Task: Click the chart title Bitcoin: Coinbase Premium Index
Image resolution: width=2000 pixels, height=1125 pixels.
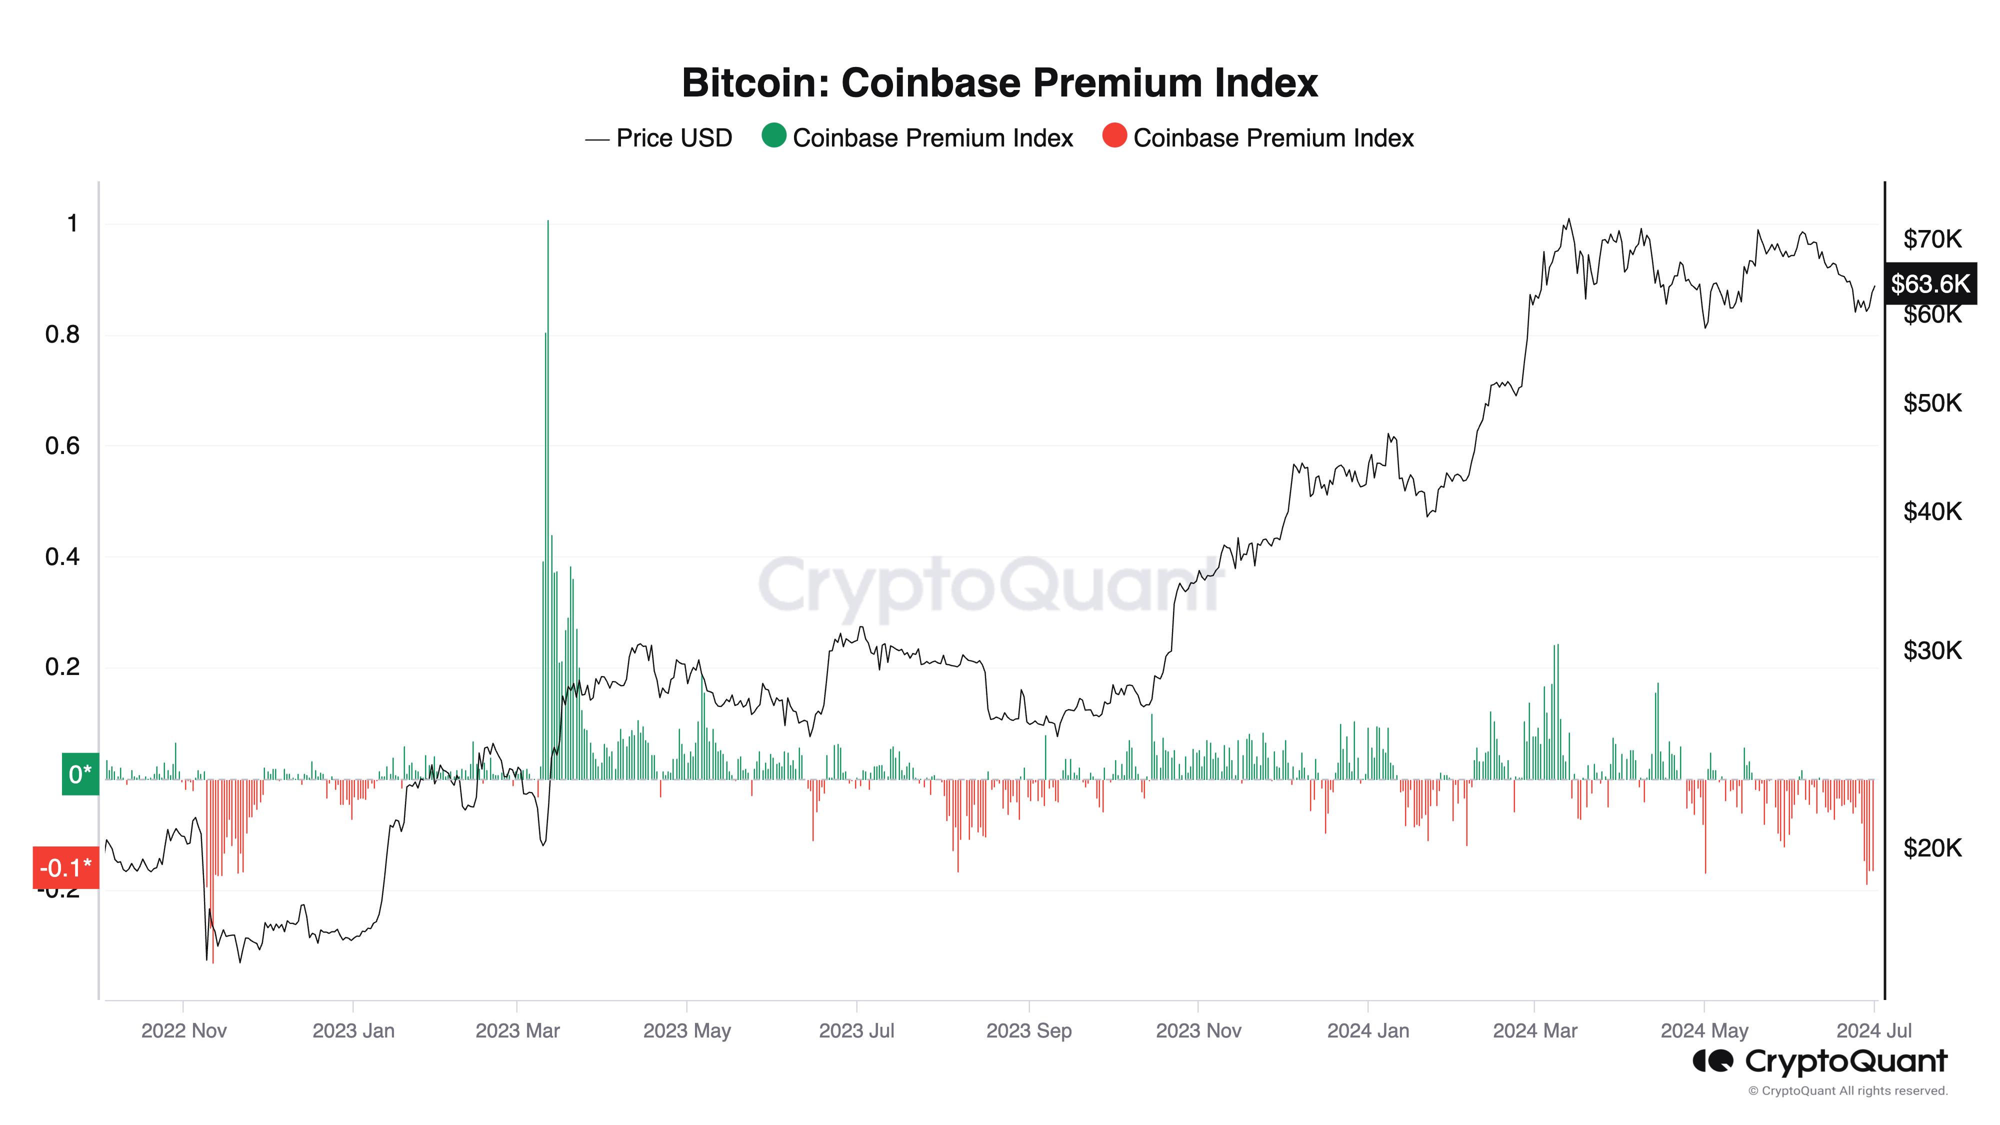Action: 999,82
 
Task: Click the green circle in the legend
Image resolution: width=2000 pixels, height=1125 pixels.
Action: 773,136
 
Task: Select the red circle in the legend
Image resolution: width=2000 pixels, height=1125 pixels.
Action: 1114,136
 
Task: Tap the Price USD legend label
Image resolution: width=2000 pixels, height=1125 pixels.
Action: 673,138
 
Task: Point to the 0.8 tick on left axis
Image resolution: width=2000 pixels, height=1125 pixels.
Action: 62,334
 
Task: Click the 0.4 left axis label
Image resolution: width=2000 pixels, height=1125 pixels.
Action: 62,556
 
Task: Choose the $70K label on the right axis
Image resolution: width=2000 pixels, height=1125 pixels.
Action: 1931,239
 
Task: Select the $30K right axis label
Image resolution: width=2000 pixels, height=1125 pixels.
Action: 1931,650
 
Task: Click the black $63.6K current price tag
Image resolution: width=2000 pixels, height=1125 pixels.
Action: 1930,283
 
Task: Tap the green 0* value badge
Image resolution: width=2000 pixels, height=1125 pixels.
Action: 80,774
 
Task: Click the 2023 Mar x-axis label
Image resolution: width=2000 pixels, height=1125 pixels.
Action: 517,1031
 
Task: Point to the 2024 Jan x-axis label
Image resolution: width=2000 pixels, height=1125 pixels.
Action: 1368,1031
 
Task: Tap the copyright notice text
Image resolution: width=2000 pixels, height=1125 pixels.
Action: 1848,1091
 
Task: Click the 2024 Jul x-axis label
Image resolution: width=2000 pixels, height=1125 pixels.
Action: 1873,1031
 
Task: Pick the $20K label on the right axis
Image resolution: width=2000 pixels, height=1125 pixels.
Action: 1931,848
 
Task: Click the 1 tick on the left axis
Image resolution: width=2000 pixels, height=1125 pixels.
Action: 72,223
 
